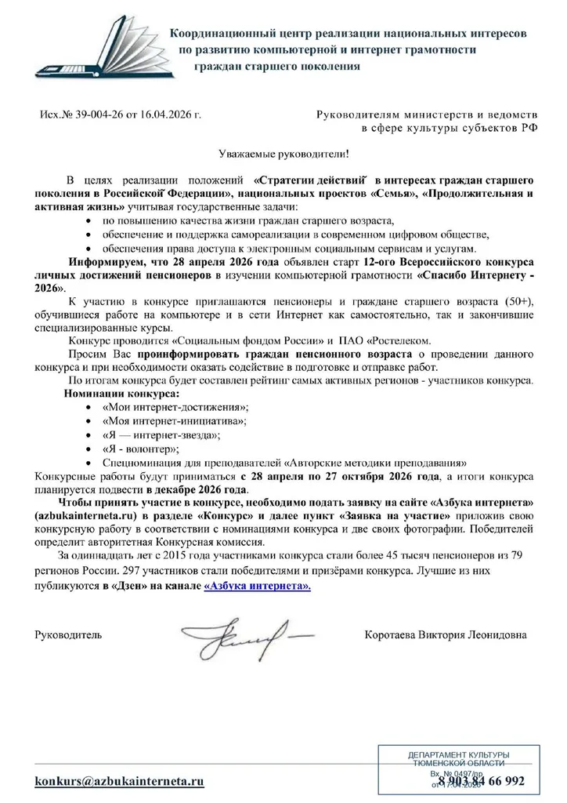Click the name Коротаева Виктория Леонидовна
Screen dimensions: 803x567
coord(446,633)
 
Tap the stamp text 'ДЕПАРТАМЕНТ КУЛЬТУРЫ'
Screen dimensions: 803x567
coord(458,754)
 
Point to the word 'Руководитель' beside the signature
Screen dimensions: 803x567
coord(68,633)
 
